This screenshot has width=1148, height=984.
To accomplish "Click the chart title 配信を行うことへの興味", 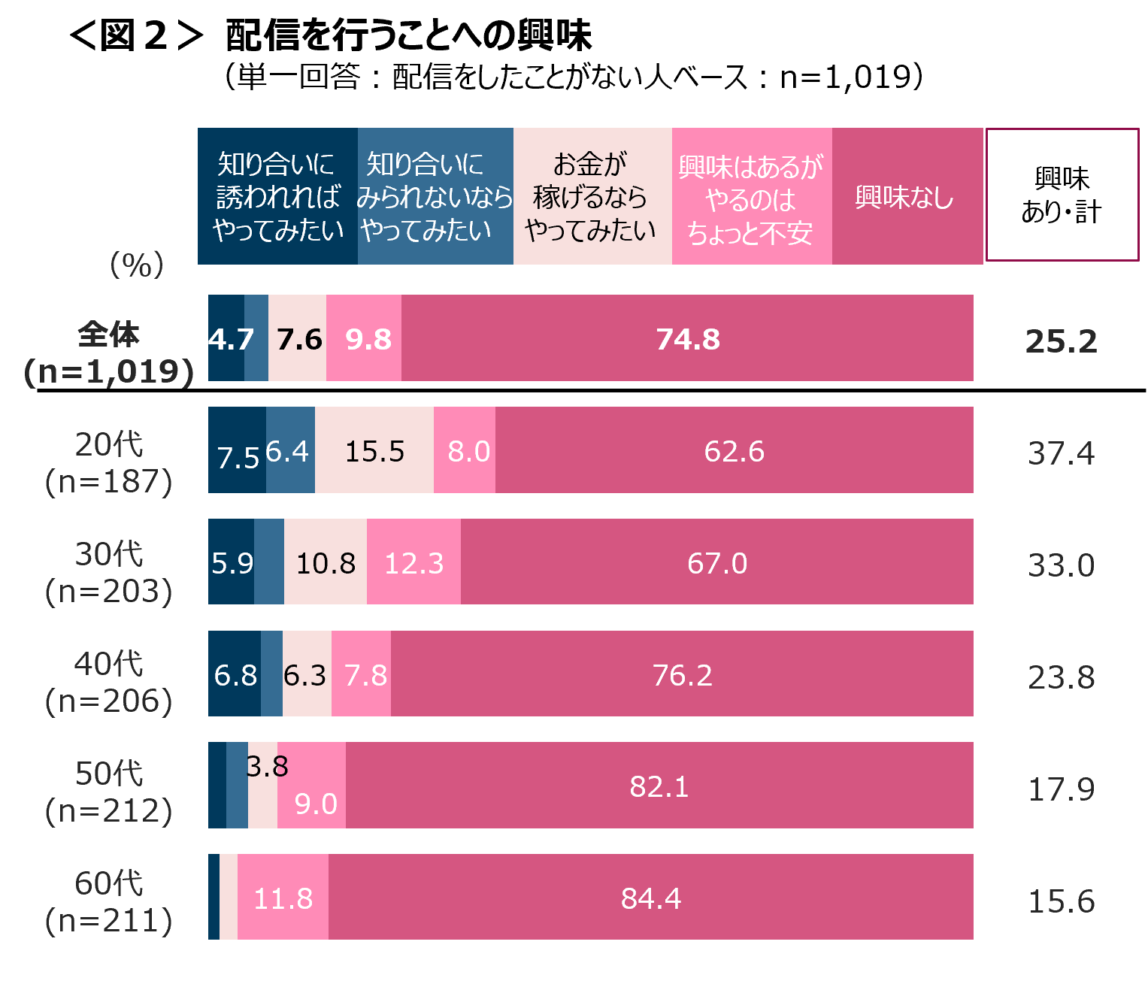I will (x=408, y=35).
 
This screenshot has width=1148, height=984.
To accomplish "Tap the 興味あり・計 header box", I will (x=1062, y=195).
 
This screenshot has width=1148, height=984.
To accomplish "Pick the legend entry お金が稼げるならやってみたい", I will (x=592, y=197).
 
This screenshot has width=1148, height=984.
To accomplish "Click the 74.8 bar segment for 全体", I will (x=687, y=339).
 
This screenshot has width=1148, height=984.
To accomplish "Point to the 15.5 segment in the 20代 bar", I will (x=374, y=451).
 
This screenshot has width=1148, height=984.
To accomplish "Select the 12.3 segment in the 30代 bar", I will (x=413, y=562).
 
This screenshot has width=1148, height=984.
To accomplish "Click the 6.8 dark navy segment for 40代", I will (x=235, y=674).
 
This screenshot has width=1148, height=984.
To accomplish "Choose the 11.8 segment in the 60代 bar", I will (x=283, y=898).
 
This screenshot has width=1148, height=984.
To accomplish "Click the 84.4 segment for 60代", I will (x=651, y=898).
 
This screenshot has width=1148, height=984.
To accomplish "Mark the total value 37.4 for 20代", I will (x=1061, y=453).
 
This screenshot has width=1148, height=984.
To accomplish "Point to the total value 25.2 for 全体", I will (x=1061, y=342).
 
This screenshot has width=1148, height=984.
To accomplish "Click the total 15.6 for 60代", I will (x=1061, y=901).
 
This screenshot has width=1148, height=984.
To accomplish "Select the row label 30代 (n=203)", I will (x=109, y=573).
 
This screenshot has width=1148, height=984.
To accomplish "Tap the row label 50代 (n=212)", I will (x=109, y=792).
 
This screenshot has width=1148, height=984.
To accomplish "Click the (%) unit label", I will (x=137, y=265).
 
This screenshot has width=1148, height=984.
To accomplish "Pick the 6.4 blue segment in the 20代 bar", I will (x=290, y=451).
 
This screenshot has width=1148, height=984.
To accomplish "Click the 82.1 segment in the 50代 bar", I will (x=659, y=786).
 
